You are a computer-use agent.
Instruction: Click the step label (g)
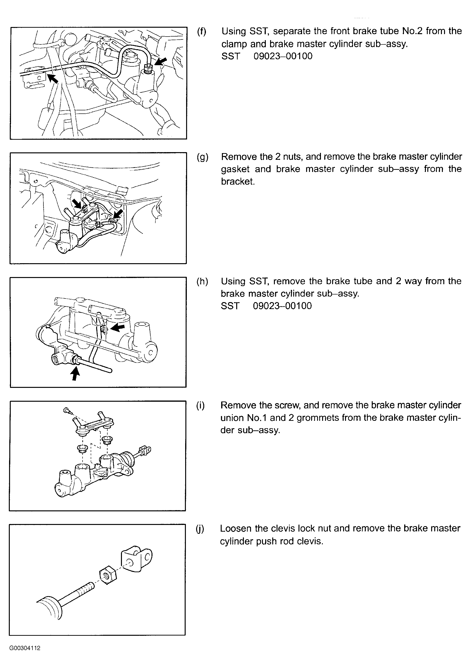[x=202, y=157]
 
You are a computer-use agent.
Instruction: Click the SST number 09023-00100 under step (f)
[x=283, y=56]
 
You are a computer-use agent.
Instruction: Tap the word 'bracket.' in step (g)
[x=238, y=182]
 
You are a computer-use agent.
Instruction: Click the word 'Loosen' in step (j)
[x=235, y=528]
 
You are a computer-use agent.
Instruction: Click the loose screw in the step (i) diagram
[x=66, y=411]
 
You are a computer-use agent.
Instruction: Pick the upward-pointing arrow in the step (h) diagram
[x=76, y=373]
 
